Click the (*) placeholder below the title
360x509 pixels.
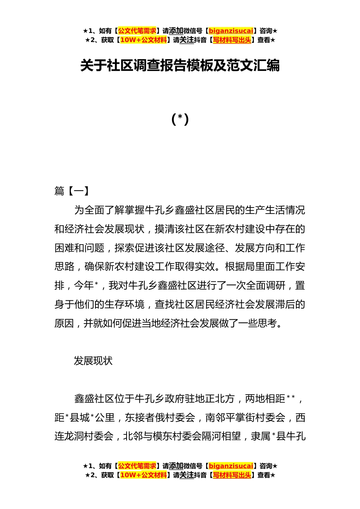click(180, 119)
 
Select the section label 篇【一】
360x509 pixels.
click(72, 191)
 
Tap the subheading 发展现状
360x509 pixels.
click(93, 361)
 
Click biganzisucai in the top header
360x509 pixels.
click(231, 31)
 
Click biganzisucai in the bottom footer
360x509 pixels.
click(231, 466)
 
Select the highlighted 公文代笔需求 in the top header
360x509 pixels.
click(137, 31)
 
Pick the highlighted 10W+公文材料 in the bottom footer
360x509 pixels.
click(143, 475)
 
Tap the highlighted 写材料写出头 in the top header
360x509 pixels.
click(232, 40)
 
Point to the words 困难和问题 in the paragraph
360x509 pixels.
click(79, 248)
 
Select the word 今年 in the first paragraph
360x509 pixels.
click(84, 286)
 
